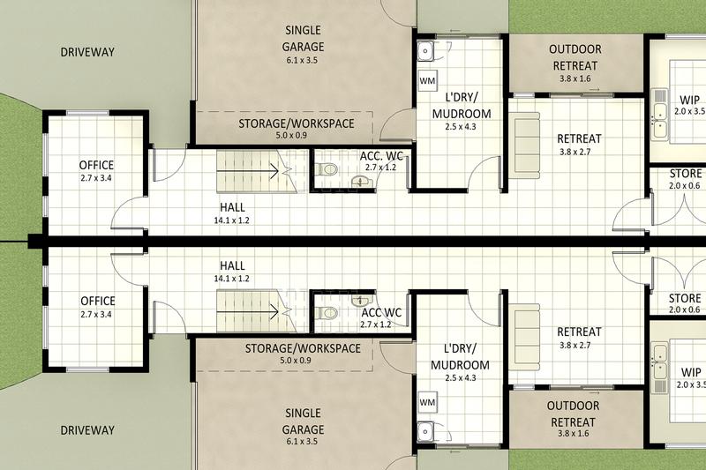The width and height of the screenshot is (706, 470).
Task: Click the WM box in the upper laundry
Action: tap(427, 81)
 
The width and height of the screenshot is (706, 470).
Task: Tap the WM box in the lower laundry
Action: tap(427, 402)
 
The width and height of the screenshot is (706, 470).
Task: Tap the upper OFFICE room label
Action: tap(97, 165)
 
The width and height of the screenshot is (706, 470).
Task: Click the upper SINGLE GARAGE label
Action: tap(304, 38)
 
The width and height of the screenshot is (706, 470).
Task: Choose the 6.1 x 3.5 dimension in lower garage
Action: tap(304, 443)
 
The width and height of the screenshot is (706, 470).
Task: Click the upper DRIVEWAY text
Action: tap(87, 52)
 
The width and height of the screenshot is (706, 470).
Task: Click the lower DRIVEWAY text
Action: tap(87, 430)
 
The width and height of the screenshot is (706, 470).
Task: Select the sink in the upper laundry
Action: tap(426, 50)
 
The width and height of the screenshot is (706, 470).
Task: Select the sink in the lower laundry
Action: tap(426, 432)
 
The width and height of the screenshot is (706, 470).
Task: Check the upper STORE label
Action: tap(686, 173)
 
